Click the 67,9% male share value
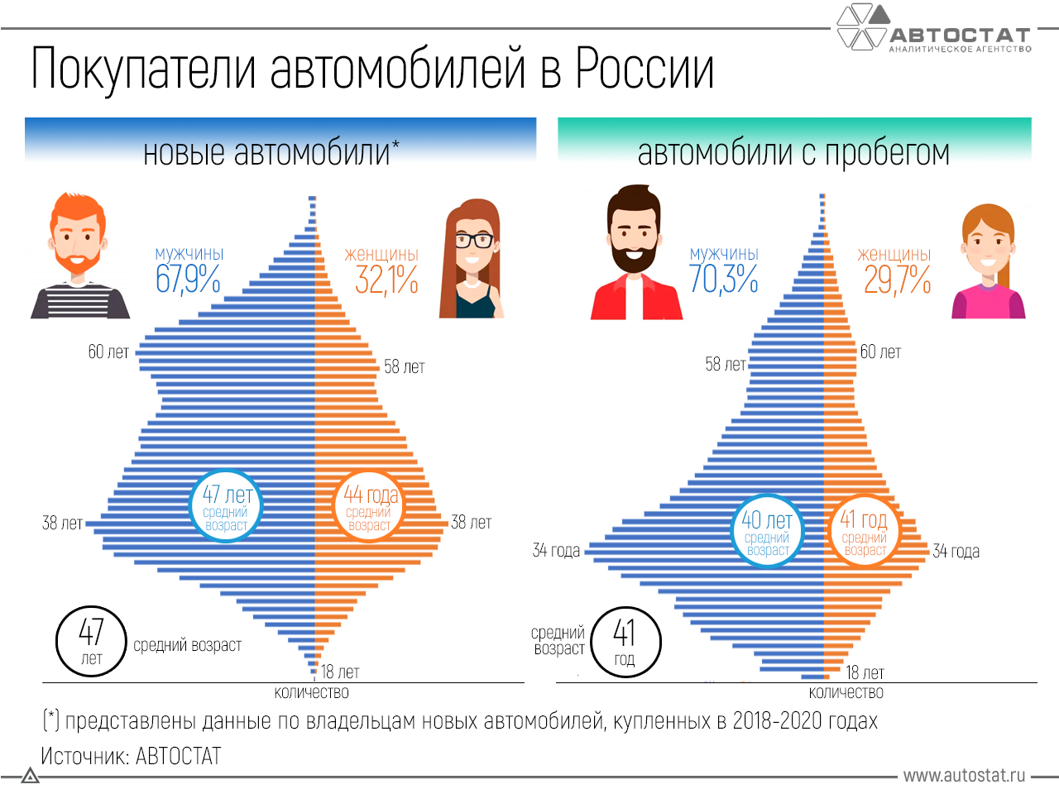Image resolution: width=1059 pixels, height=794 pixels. point(188,280)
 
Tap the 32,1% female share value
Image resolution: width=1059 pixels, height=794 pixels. point(386,280)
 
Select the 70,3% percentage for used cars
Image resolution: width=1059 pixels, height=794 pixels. point(724,280)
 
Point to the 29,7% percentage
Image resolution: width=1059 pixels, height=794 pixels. point(898,280)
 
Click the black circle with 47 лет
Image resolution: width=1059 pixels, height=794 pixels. point(91,641)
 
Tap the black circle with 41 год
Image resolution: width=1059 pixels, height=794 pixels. point(625,641)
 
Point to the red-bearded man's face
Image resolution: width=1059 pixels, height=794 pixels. point(78,236)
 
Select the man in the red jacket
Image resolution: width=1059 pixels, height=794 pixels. point(635,256)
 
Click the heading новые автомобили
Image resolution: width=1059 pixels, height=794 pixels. point(271,153)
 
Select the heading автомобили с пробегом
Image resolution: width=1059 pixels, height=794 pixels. point(793,153)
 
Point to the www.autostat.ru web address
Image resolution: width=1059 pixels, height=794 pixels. point(964,776)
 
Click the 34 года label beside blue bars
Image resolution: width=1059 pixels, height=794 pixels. point(556,551)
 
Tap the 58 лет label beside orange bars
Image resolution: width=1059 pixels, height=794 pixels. point(405,366)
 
